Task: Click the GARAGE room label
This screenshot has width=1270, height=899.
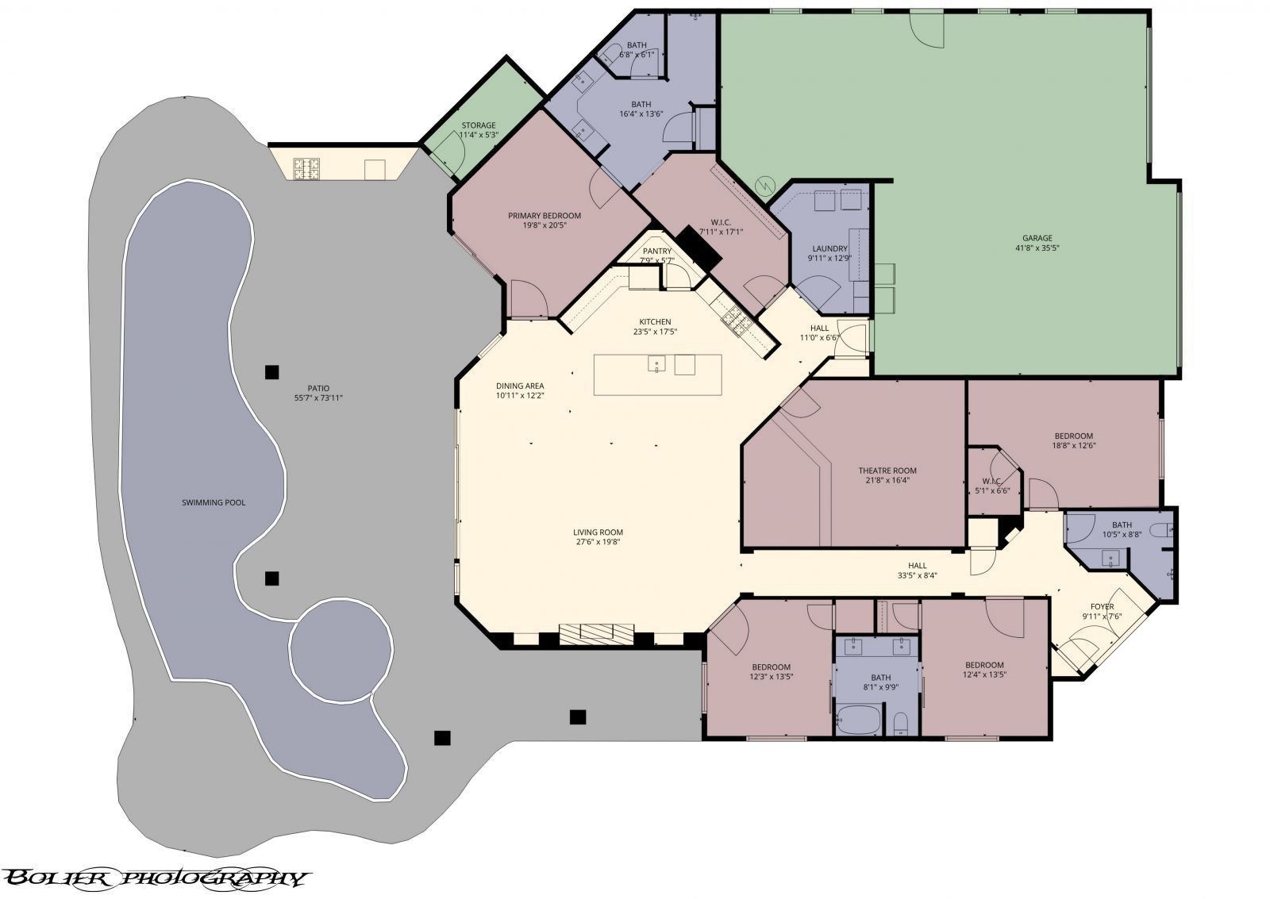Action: pyautogui.click(x=1037, y=237)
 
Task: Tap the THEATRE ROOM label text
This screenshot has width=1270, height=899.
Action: pyautogui.click(x=887, y=471)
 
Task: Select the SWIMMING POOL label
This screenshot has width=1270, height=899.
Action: pyautogui.click(x=214, y=502)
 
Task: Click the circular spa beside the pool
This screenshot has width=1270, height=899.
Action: pyautogui.click(x=341, y=650)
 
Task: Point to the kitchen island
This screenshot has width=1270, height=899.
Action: pyautogui.click(x=658, y=375)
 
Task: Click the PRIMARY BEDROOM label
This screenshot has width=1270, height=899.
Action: pyautogui.click(x=545, y=215)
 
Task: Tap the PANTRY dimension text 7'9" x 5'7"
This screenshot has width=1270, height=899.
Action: pyautogui.click(x=657, y=260)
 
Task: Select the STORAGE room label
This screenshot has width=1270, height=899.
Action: pyautogui.click(x=479, y=125)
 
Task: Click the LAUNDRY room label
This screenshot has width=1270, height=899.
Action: pyautogui.click(x=829, y=248)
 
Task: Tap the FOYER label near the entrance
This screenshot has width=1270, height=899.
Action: pyautogui.click(x=1102, y=606)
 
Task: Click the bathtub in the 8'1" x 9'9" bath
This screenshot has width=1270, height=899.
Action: pyautogui.click(x=858, y=722)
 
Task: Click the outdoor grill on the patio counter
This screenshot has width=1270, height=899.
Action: pyautogui.click(x=306, y=168)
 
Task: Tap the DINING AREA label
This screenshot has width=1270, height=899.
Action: pyautogui.click(x=520, y=385)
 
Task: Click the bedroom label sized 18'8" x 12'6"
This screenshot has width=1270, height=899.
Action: pyautogui.click(x=1073, y=436)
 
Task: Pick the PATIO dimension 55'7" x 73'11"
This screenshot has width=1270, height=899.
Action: pyautogui.click(x=318, y=398)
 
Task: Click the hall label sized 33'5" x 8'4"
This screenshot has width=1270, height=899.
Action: pyautogui.click(x=917, y=566)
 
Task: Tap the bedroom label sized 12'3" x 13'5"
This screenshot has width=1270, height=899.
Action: pyautogui.click(x=771, y=667)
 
